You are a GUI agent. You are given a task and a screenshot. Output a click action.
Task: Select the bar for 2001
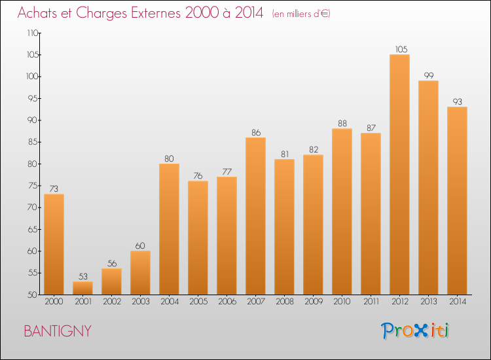pos(82,288)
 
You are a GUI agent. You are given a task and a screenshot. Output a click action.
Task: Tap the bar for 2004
pos(169,229)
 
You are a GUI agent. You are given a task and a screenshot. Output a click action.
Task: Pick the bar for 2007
pos(255,216)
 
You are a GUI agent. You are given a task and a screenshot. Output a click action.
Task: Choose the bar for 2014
pos(457,200)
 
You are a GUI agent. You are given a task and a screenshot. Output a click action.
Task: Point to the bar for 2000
pos(54,244)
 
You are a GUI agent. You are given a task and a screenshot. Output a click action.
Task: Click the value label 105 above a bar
pos(399,49)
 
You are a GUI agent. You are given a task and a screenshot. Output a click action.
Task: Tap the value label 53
pos(82,276)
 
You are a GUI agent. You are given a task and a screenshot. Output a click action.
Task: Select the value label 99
pos(428,75)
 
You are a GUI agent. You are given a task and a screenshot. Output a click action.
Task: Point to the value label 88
pos(342,124)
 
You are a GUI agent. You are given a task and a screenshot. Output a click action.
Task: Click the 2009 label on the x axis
pos(313,302)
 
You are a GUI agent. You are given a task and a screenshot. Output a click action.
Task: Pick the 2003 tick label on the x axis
pos(140,302)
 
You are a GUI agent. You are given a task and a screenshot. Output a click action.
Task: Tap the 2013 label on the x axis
pos(428,302)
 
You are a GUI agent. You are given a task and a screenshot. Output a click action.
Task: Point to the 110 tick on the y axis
pos(32,33)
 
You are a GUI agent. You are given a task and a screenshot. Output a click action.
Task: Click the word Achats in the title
pos(42,13)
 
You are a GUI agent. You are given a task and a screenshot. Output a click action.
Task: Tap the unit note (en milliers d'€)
pos(301,14)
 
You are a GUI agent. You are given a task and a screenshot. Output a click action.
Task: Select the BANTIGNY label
pos(58,331)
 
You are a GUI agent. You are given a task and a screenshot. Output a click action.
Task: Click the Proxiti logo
pos(416,331)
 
